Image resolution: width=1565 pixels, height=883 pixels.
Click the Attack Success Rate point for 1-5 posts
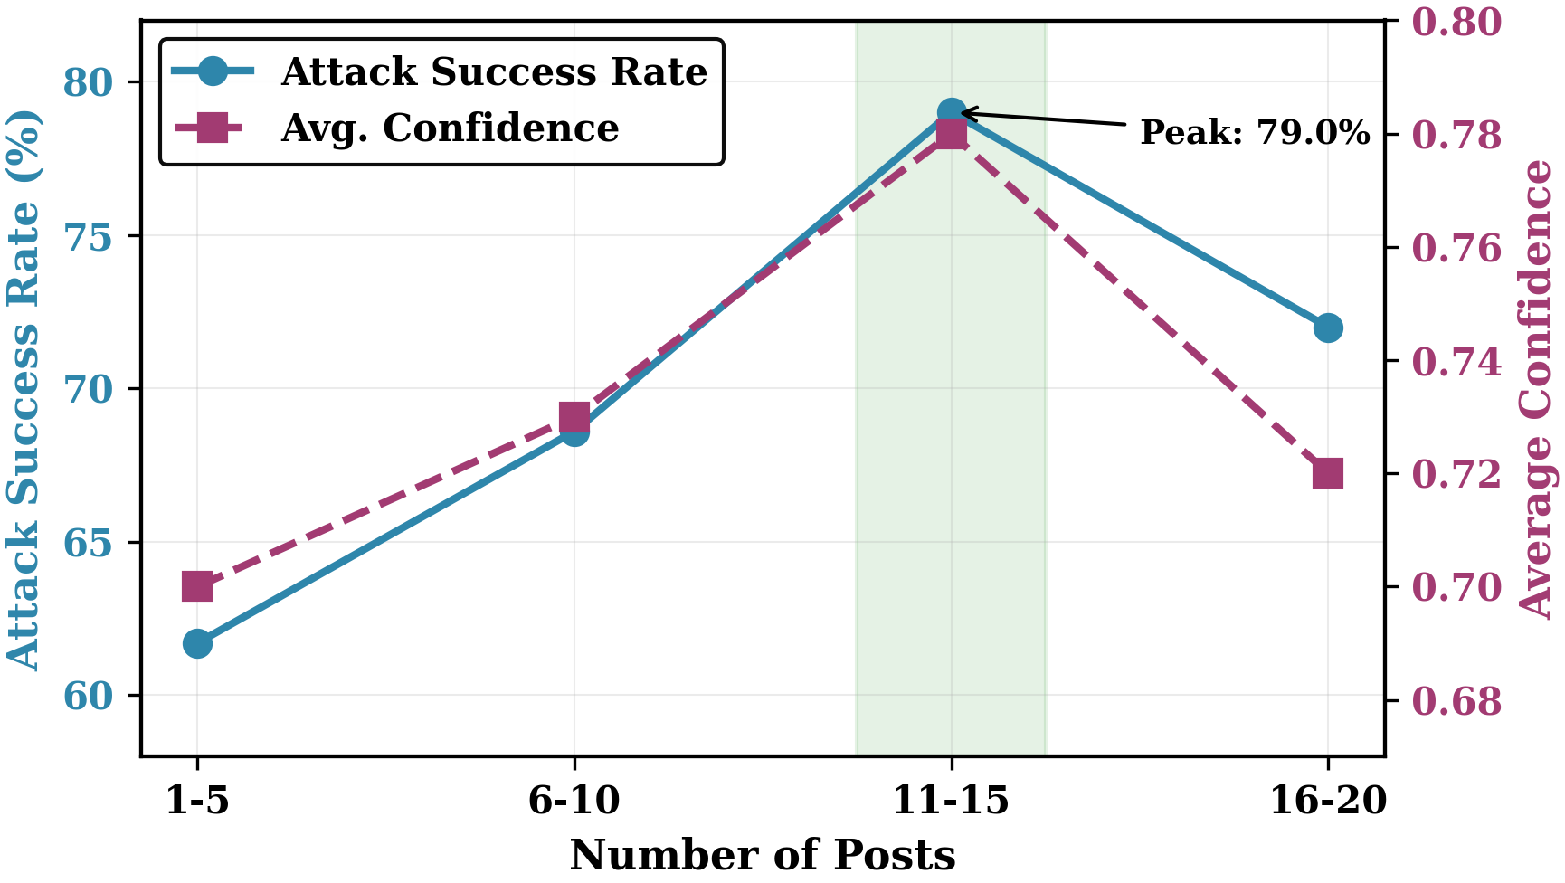[197, 644]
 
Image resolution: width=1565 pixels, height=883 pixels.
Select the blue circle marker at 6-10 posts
[574, 432]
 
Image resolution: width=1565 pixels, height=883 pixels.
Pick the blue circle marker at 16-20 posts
[1328, 328]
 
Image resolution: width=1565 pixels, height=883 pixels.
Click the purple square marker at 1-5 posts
[197, 587]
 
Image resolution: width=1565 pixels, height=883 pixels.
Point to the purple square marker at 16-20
[1328, 473]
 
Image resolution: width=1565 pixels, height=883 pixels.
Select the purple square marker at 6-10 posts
[574, 418]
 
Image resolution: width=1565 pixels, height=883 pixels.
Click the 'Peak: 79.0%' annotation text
[1255, 133]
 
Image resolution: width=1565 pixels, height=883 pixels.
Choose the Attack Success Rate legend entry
[493, 72]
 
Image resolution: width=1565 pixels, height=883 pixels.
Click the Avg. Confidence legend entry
[450, 128]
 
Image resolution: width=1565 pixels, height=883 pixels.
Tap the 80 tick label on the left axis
[89, 83]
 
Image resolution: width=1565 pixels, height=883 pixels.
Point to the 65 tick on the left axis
[89, 544]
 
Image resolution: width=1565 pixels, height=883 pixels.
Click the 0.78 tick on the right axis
[1456, 136]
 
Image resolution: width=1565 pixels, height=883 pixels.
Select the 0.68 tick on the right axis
[1456, 702]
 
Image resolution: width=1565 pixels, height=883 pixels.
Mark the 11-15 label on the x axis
[951, 802]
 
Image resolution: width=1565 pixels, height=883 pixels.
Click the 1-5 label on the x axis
[197, 802]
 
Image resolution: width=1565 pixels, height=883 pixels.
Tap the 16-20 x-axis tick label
[1328, 802]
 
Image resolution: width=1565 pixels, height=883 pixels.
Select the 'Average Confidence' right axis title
[1536, 389]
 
